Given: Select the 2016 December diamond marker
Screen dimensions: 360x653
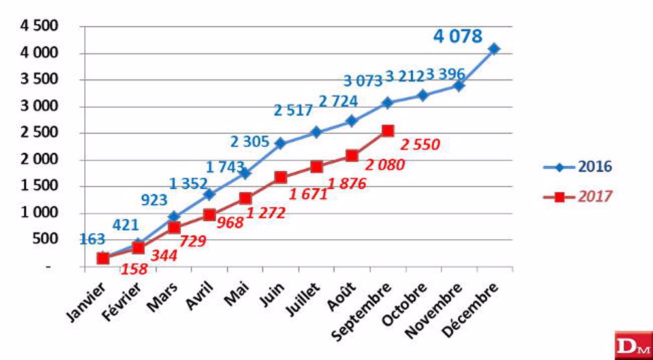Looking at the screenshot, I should pos(494,49).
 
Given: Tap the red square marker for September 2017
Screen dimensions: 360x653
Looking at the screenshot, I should pos(387,131).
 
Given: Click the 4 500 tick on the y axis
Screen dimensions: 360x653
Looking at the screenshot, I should pos(41,26).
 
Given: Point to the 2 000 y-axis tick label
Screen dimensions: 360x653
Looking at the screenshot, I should pos(41,159).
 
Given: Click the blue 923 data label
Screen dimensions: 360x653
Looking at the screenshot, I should pos(155,201).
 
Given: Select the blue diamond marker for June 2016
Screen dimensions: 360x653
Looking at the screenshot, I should pos(281,144).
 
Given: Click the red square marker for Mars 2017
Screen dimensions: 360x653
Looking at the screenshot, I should pos(174,227).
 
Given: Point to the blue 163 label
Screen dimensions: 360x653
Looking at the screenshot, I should pos(93,239).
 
